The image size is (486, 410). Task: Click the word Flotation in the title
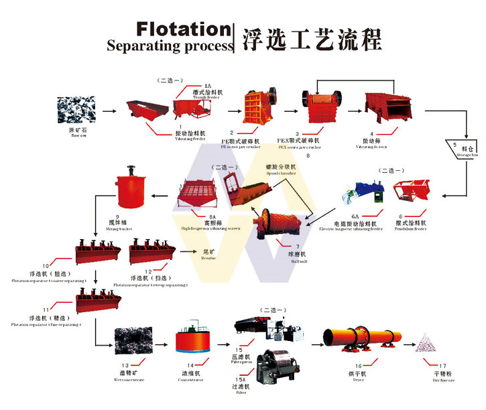(x=182, y=29)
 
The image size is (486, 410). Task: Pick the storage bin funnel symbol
(x=461, y=147)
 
